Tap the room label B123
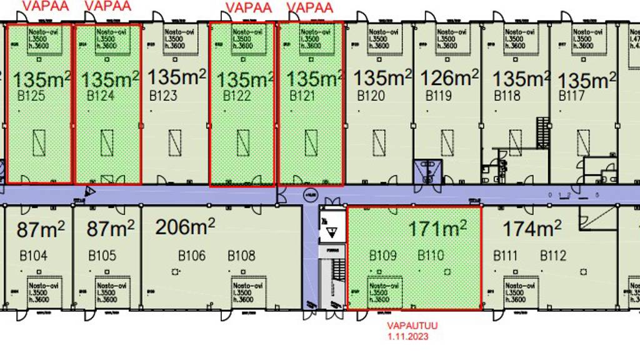pyautogui.click(x=163, y=96)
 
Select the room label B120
pyautogui.click(x=371, y=96)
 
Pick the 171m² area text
pyautogui.click(x=437, y=229)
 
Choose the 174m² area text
pyautogui.click(x=532, y=229)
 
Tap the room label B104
pyautogui.click(x=32, y=256)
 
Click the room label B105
pyautogui.click(x=102, y=256)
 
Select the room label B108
pyautogui.click(x=241, y=256)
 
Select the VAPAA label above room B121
pyautogui.click(x=311, y=8)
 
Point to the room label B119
pyautogui.click(x=439, y=96)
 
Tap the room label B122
pyautogui.click(x=237, y=96)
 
